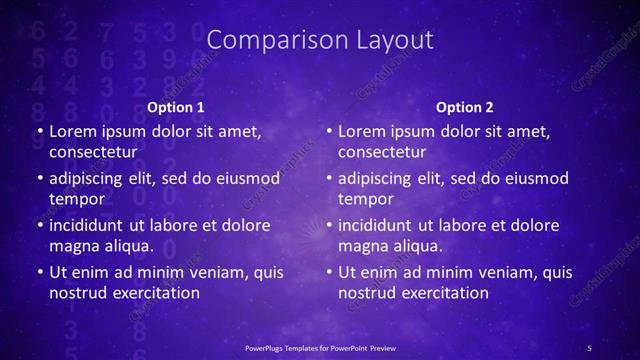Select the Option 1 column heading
176,107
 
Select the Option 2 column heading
465,107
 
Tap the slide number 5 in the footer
589,347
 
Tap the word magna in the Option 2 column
364,246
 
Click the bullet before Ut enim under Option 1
39,273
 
